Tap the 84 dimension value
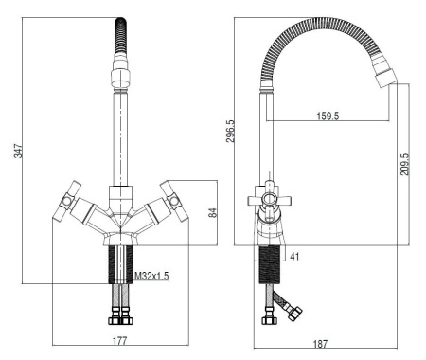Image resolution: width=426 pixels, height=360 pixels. (214, 213)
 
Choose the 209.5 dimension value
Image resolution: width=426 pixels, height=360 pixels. (404, 162)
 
